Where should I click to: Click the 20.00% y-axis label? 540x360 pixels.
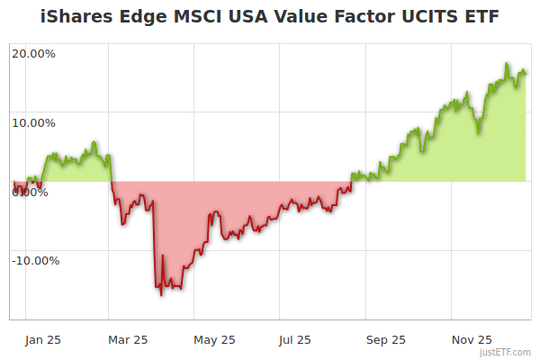pos(33,53)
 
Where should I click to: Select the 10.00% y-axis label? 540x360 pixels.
pos(33,122)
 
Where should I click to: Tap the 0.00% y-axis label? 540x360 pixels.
pos(30,192)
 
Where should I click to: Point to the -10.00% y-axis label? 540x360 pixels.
pos(35,261)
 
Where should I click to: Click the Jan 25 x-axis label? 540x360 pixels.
pos(42,340)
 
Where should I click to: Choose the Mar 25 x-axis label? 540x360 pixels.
pos(128,340)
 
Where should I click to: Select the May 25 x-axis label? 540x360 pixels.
pos(214,340)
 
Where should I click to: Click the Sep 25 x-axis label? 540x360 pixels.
pos(386,340)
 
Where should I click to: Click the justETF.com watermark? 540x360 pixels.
pos(506,353)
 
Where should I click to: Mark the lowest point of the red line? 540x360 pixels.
pos(161,294)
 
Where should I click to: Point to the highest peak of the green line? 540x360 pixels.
pos(508,65)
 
